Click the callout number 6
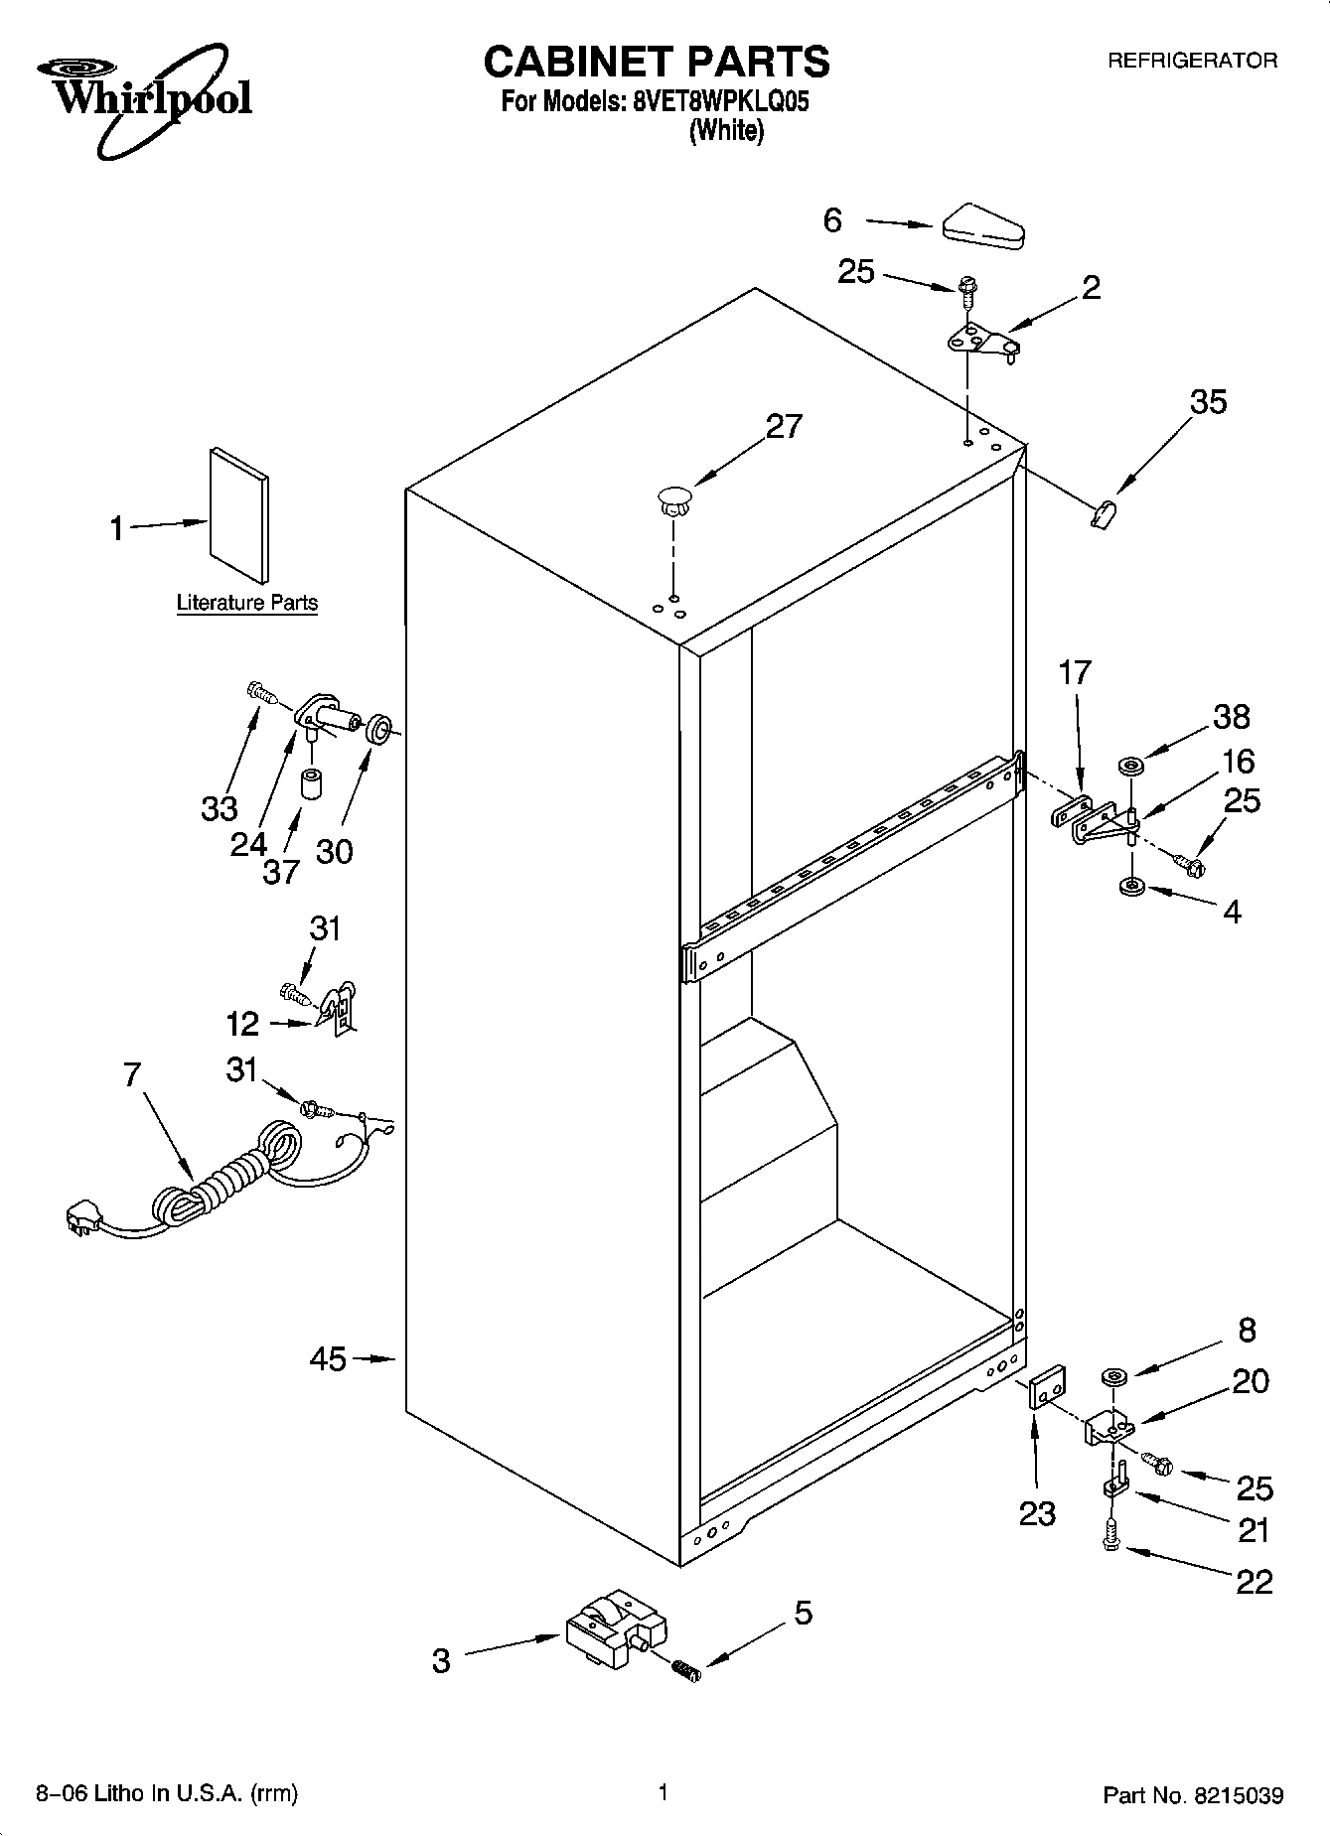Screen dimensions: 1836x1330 [832, 219]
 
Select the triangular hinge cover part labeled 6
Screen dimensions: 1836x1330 [982, 226]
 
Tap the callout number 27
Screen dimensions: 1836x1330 [784, 426]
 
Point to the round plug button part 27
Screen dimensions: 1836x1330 [673, 496]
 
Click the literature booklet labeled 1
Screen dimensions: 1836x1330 [238, 514]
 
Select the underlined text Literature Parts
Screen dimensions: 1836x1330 [246, 603]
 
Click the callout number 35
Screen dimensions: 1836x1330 [1208, 402]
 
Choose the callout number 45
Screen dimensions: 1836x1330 [328, 1358]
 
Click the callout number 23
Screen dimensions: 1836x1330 [1037, 1513]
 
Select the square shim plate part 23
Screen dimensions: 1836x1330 [1047, 1387]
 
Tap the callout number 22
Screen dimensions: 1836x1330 [1255, 1581]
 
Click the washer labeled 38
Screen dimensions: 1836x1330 [1130, 766]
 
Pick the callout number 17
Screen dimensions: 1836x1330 [1075, 672]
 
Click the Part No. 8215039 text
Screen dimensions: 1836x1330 [1193, 1795]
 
